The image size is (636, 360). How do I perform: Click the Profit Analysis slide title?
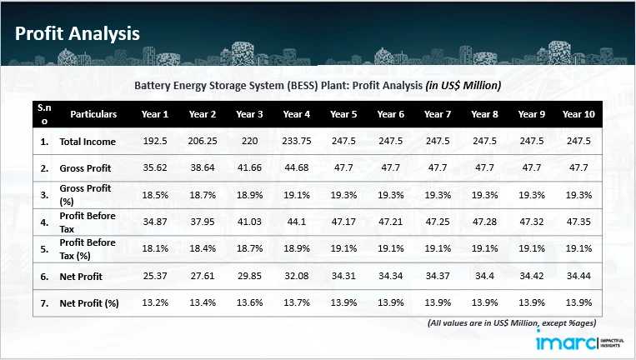point(78,33)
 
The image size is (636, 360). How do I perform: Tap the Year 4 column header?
point(297,114)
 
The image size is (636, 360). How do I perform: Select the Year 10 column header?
point(578,114)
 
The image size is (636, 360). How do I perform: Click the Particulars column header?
point(93,114)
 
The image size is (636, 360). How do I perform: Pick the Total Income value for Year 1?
point(155,142)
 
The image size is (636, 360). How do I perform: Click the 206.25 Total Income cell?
point(203,142)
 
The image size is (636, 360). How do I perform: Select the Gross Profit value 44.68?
point(297,168)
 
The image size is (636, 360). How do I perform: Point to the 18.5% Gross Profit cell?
point(155,195)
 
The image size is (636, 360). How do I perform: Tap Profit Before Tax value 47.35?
point(578,222)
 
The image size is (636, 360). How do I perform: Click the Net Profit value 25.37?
point(155,276)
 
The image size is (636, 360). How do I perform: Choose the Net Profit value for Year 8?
point(485,276)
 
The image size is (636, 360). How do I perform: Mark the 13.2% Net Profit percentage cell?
point(155,303)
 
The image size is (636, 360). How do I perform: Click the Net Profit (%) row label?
point(89,303)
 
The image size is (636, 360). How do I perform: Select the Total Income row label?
point(88,142)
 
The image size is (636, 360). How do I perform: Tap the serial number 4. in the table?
point(44,222)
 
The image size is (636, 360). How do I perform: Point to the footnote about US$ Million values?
point(512,322)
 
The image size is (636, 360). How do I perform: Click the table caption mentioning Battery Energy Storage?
point(318,85)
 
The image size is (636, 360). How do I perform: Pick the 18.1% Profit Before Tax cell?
point(155,249)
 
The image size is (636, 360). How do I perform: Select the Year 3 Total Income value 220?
point(249,142)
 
